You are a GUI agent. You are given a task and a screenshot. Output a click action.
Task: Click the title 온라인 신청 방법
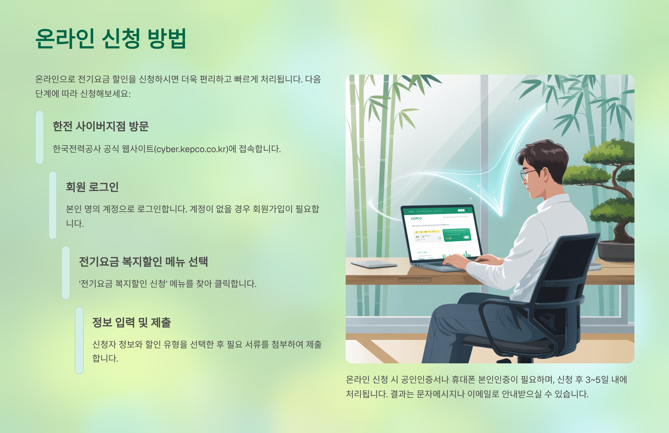click(x=110, y=38)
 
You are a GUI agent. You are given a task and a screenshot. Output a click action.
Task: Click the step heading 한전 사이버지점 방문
click(x=101, y=127)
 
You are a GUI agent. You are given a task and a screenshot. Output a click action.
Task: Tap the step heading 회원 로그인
click(x=92, y=187)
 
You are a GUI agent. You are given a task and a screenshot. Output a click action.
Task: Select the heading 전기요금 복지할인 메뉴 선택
click(x=143, y=262)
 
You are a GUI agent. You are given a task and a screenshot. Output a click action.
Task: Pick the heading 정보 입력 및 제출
click(x=132, y=322)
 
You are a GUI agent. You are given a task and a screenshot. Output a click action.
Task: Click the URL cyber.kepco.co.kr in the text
click(x=192, y=149)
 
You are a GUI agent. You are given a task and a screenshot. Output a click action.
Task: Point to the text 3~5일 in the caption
click(x=597, y=380)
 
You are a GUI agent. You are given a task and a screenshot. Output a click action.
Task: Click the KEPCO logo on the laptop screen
click(x=416, y=218)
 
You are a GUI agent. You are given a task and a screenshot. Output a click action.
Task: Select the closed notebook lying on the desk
click(x=374, y=264)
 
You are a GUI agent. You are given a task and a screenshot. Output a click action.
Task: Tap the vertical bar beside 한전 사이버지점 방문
click(x=40, y=137)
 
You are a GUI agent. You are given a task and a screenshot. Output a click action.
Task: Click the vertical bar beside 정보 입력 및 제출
click(x=79, y=340)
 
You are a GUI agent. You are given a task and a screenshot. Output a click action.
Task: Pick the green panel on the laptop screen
click(x=457, y=235)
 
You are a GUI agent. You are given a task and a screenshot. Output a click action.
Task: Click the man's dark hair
click(x=542, y=155)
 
